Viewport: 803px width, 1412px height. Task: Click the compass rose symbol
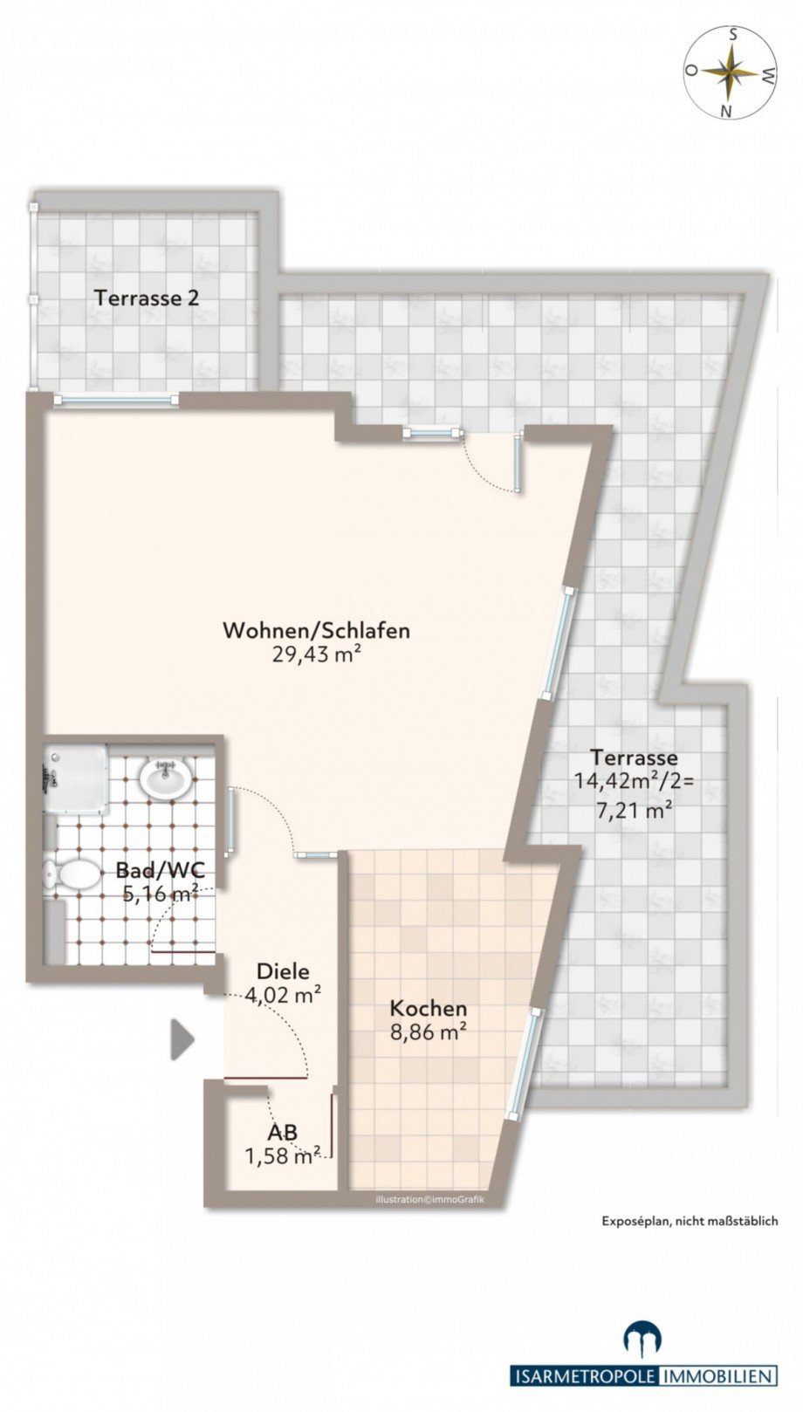tap(731, 73)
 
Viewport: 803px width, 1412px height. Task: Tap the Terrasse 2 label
tap(147, 298)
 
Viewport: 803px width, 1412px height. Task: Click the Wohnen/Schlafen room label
tap(316, 630)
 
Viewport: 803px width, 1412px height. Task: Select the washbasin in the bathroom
tap(166, 776)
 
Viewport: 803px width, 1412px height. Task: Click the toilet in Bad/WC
tap(74, 874)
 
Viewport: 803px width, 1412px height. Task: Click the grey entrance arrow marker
tap(182, 1039)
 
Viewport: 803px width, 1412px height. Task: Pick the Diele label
tap(283, 970)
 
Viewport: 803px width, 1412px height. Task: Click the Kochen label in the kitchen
tap(428, 1008)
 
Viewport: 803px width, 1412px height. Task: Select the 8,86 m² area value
tap(428, 1032)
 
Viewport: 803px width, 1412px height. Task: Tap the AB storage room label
tap(282, 1132)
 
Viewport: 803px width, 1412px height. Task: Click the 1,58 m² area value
tap(282, 1156)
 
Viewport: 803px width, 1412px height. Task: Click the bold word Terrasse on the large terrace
tap(634, 757)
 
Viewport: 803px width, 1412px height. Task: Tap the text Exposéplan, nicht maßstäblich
tap(689, 1221)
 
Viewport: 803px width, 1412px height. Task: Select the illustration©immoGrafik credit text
tap(429, 1199)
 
